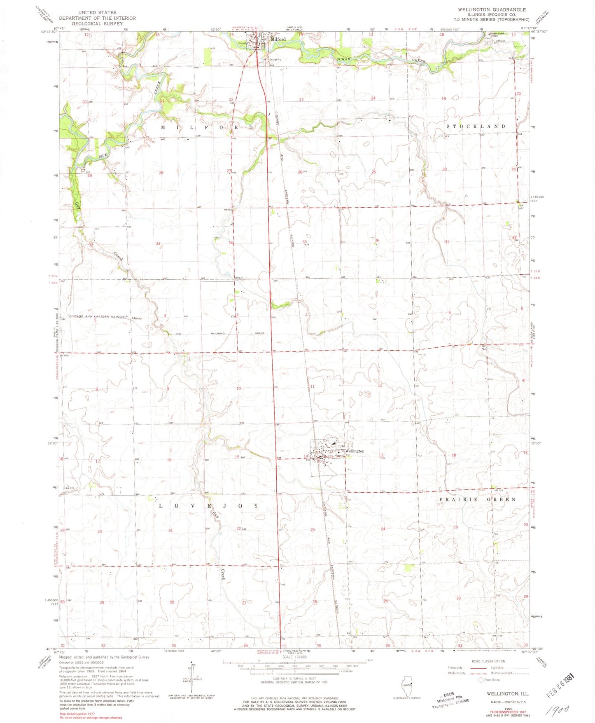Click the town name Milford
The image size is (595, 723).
click(278, 39)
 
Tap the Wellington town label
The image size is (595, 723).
click(355, 451)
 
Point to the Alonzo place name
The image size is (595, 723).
click(136, 318)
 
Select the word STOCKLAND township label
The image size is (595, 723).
click(476, 126)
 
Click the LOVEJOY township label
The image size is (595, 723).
click(209, 505)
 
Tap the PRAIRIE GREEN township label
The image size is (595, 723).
click(477, 499)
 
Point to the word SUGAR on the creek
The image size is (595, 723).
click(343, 59)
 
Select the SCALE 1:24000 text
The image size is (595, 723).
click(295, 669)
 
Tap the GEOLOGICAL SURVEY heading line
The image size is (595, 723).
click(97, 23)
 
